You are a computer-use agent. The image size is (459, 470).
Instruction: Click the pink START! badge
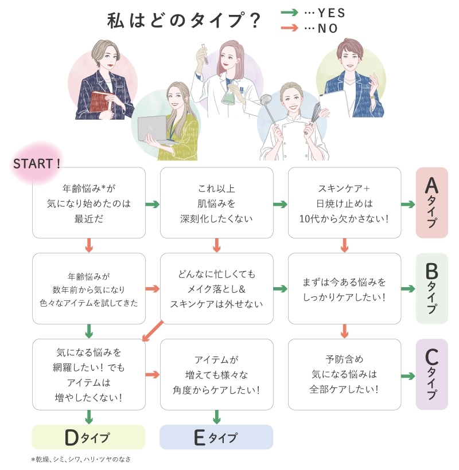coord(37,162)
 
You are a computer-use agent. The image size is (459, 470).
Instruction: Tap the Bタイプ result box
coord(431,288)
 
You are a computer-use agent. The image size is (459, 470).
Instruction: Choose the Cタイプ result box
coord(431,374)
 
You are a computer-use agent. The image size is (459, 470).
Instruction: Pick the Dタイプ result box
coord(88,437)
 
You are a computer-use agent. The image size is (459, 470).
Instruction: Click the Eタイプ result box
coord(216,437)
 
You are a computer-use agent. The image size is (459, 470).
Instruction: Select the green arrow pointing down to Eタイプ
coord(217,417)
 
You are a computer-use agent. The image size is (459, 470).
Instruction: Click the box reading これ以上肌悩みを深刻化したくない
coord(216,203)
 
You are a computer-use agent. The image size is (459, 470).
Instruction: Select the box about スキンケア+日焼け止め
coord(344,203)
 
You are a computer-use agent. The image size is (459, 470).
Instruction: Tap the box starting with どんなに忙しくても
coord(216,288)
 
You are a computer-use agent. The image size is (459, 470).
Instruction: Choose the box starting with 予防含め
coord(344,374)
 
